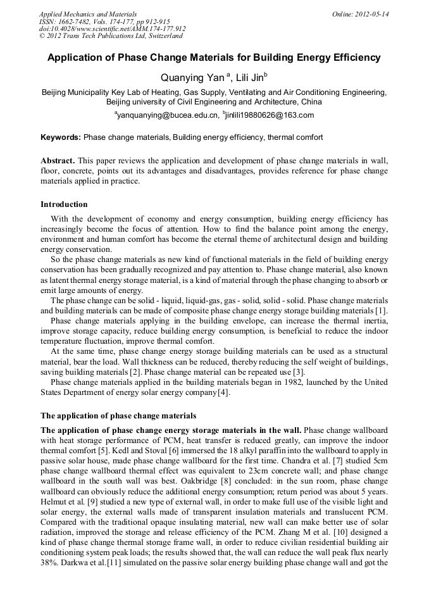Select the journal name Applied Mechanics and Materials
[88, 14]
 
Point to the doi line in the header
[112, 28]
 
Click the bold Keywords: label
[61, 137]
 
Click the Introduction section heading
[64, 204]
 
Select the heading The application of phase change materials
[118, 416]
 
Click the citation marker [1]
[381, 310]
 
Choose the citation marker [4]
[223, 392]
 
